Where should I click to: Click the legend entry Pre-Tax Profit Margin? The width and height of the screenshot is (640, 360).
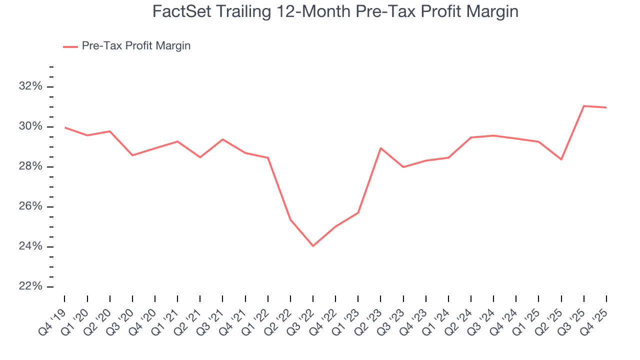coord(136,46)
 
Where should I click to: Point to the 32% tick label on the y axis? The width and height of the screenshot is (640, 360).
coord(29,86)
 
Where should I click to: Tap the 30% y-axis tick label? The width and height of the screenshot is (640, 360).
coord(29,126)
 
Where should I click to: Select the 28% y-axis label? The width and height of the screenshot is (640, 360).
coord(29,166)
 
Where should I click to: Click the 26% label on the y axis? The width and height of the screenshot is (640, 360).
coord(29,206)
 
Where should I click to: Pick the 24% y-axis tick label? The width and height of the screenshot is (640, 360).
coord(29,246)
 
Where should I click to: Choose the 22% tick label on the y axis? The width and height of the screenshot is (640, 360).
coord(29,286)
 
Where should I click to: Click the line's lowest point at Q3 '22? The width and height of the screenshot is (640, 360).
coord(313,246)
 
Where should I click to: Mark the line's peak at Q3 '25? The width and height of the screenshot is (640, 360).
coord(584,106)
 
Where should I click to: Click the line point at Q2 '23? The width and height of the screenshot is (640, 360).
coord(381,148)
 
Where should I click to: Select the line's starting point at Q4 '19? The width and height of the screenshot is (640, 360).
coord(65,127)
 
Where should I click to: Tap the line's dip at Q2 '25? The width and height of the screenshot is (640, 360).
coord(561,159)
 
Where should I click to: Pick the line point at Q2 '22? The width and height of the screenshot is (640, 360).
coord(290,219)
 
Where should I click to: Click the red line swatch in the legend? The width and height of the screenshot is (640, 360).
coord(70,46)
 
